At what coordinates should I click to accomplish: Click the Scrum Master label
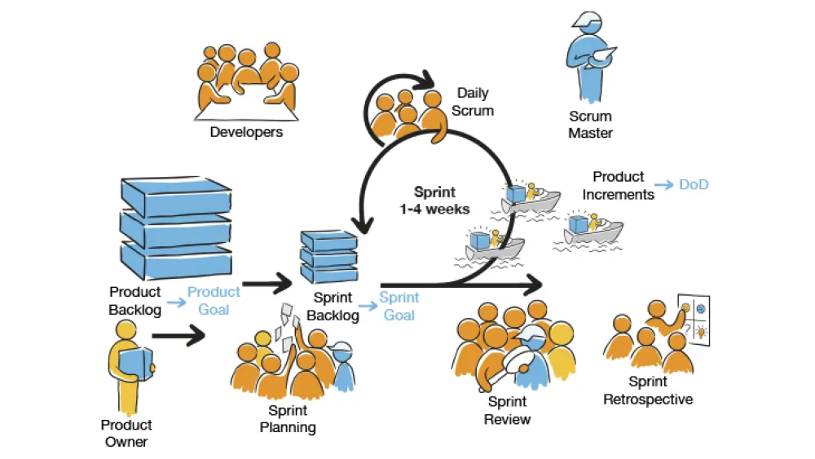(590, 125)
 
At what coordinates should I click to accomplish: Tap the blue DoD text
(694, 185)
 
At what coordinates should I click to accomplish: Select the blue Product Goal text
(214, 301)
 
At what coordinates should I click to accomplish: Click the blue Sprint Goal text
(399, 307)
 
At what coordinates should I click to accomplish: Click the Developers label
(246, 132)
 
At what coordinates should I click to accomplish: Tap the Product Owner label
(126, 434)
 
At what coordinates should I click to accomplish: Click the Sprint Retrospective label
(648, 391)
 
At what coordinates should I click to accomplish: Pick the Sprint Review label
(507, 410)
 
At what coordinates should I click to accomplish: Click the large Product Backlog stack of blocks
(174, 227)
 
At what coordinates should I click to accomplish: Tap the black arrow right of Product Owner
(179, 334)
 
